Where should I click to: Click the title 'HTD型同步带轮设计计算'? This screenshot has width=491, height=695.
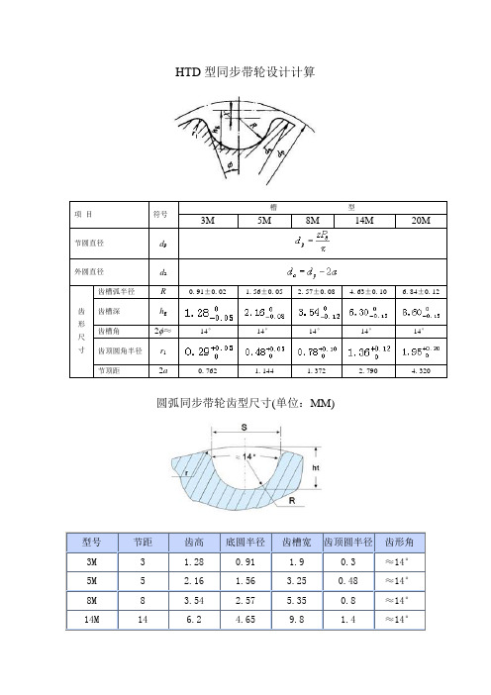[x=245, y=72]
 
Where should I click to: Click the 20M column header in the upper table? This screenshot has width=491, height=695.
[x=422, y=220]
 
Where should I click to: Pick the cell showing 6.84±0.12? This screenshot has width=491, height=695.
[x=422, y=291]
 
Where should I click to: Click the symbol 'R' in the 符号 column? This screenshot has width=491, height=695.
[x=161, y=291]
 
